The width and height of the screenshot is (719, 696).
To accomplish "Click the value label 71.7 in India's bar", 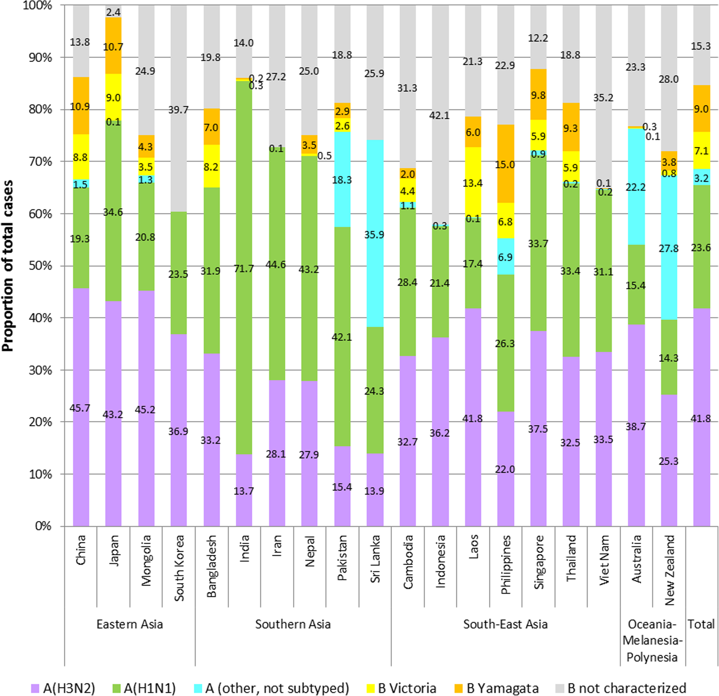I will tap(244, 269).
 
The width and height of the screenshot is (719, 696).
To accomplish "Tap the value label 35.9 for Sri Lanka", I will tap(374, 235).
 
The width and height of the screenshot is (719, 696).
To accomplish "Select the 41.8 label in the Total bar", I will tap(701, 418).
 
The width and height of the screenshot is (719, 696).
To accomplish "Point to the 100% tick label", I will tap(38, 6).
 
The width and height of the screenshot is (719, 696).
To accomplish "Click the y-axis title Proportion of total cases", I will tap(8, 266).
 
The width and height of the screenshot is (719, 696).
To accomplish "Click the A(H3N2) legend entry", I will tap(63, 688).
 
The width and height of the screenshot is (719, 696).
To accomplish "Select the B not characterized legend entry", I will tap(621, 688).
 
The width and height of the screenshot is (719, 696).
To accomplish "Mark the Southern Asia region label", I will tap(293, 624).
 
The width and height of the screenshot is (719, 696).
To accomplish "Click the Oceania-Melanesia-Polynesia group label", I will tap(652, 640).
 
